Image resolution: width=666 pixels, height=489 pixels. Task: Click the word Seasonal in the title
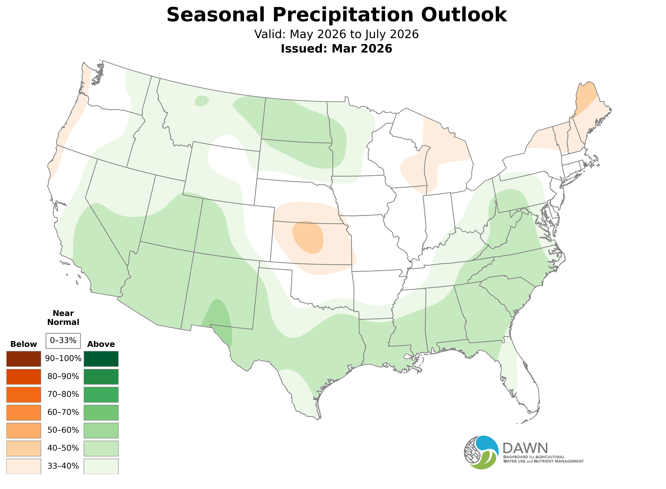(x=215, y=15)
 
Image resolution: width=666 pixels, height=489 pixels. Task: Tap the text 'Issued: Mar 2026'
(x=336, y=49)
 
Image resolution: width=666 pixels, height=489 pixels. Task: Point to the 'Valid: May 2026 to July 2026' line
(x=336, y=34)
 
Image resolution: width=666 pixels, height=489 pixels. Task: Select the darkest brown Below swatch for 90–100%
(x=24, y=359)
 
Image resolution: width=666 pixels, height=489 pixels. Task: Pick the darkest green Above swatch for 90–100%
(x=101, y=359)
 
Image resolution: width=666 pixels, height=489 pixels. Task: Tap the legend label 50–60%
(x=63, y=430)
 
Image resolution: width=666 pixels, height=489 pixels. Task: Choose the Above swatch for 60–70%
(x=101, y=412)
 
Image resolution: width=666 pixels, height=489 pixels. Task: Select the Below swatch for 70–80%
(x=24, y=395)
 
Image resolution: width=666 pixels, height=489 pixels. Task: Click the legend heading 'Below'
(x=24, y=344)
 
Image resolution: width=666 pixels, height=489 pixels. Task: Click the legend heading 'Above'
(x=101, y=344)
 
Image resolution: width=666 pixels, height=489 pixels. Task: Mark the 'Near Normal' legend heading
(x=63, y=318)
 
